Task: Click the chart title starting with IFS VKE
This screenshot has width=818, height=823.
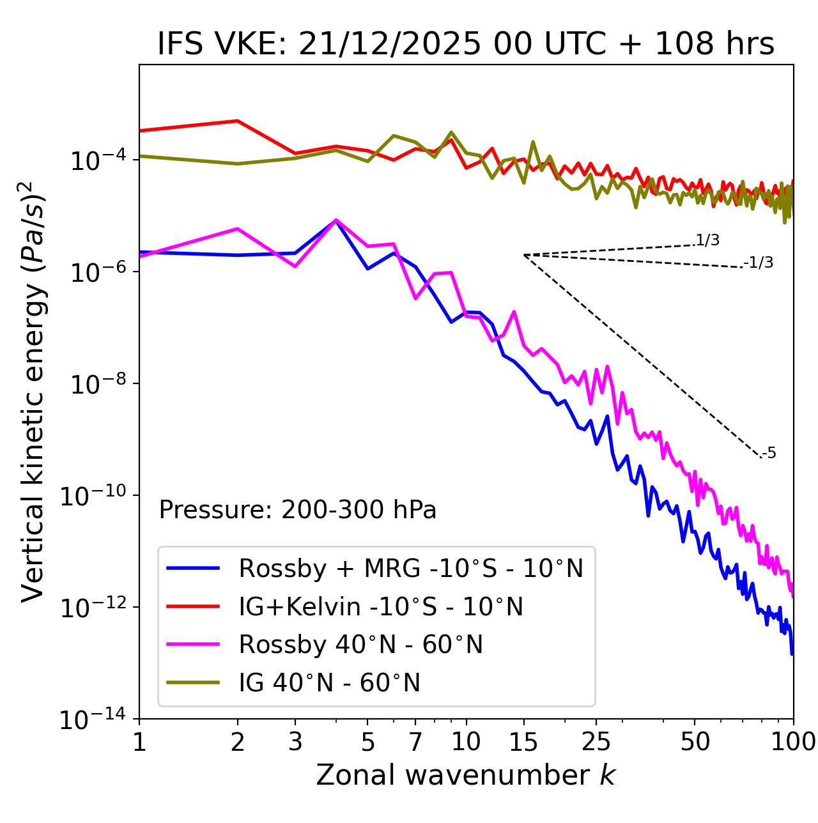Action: coord(466,44)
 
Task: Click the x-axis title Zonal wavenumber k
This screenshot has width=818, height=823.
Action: coord(466,774)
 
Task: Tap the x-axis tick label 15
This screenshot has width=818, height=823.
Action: coord(523,741)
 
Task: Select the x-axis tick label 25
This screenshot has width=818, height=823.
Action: coord(596,741)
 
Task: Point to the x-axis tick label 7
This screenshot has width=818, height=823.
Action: coord(415,741)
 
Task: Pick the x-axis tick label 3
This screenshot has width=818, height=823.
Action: coord(295,741)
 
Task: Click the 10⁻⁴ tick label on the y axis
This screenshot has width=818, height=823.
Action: coord(98,160)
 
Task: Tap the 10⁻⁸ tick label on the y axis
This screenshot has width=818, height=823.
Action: coord(98,384)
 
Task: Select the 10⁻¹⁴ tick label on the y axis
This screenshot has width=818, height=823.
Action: coord(93,719)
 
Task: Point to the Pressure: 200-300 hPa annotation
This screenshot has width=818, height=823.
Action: coord(298,510)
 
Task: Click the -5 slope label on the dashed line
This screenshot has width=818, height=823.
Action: coord(769,453)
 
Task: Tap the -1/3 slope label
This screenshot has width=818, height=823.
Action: coord(759,262)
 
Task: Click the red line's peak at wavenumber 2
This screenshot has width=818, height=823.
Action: coord(238,121)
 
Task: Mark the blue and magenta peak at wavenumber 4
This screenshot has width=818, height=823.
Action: coord(336,220)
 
